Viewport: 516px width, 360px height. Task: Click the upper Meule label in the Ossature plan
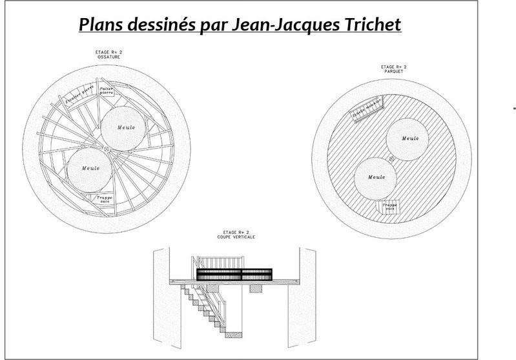point(127,127)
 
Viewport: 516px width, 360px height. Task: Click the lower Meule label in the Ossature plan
point(90,168)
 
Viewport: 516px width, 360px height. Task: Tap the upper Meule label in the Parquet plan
point(410,138)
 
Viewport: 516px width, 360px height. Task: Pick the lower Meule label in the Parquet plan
point(376,177)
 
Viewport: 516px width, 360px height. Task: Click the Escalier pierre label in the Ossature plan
point(79,96)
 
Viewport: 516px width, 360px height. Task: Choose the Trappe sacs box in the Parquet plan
point(387,207)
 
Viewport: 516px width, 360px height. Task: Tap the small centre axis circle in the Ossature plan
point(108,149)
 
